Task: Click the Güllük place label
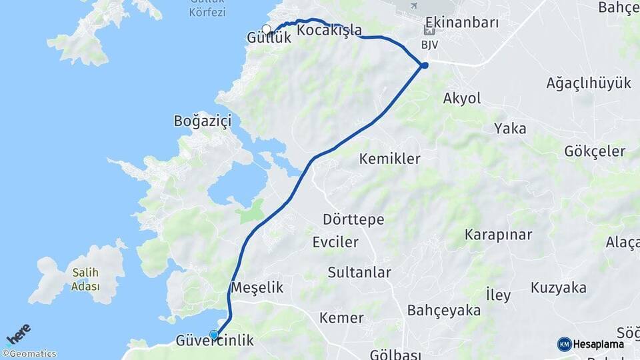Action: [x=269, y=39]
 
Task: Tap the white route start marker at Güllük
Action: [x=267, y=29]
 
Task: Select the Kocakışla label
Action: [x=329, y=31]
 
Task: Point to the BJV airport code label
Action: [x=429, y=45]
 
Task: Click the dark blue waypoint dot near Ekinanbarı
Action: [x=425, y=65]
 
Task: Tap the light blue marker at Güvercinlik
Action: [x=214, y=335]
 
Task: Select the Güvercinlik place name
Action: [x=215, y=341]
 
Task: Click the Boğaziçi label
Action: [x=202, y=121]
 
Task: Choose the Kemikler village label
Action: [x=389, y=159]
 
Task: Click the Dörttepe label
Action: [x=353, y=219]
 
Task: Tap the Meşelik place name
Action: [x=257, y=288]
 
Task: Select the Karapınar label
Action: [x=499, y=235]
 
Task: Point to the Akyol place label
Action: [x=461, y=99]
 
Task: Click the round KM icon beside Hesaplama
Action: [x=564, y=344]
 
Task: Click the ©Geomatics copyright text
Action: [x=29, y=354]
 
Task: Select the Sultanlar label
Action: [x=359, y=272]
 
